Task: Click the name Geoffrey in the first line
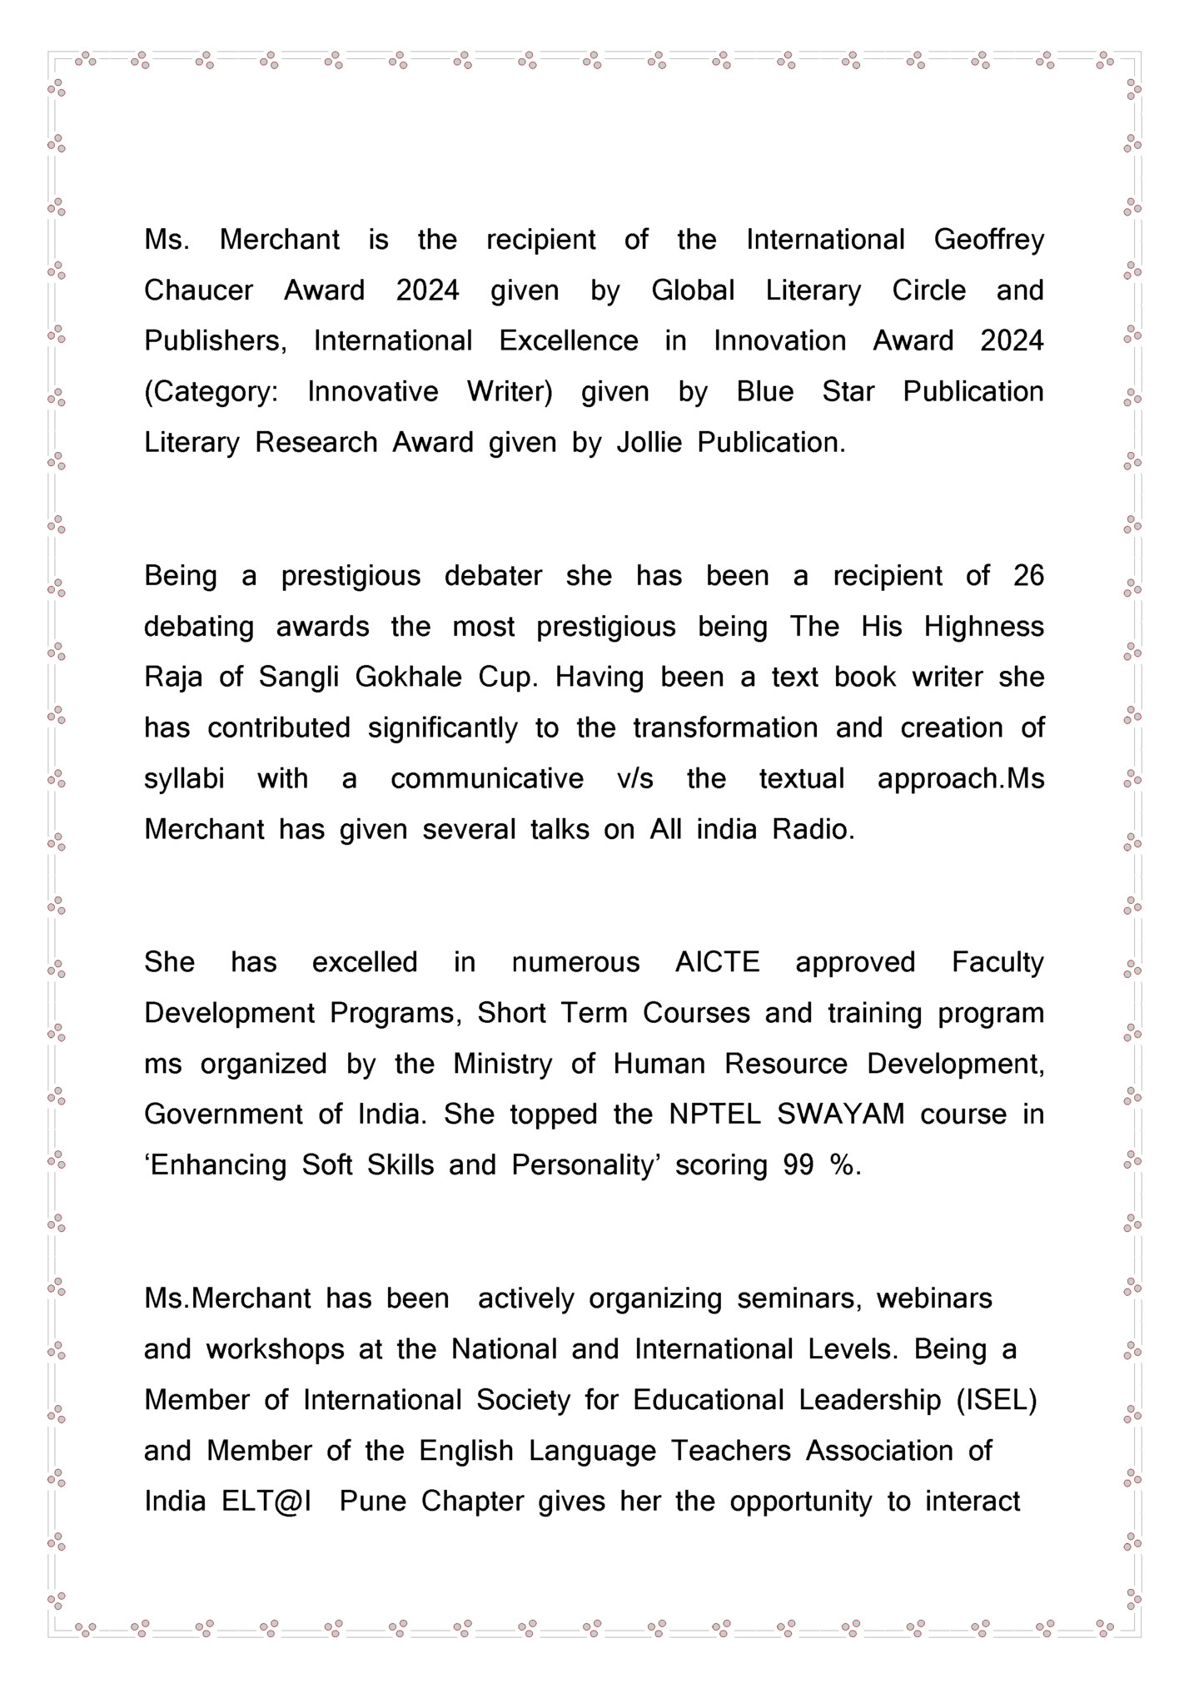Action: coord(988,241)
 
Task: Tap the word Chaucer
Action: coord(198,290)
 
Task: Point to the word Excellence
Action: coord(569,341)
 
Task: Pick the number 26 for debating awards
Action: coord(1028,576)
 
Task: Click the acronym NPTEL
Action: coord(714,1115)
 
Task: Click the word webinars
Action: coord(934,1298)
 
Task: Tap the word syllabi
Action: coord(184,779)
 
